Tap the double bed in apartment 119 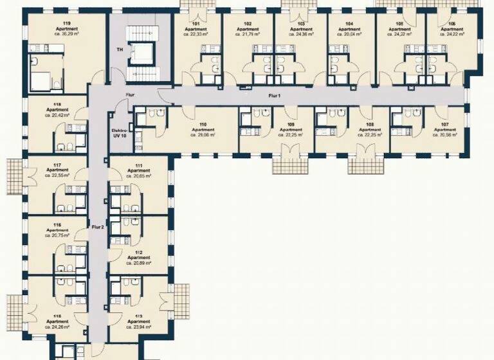(38, 80)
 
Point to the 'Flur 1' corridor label (275, 95)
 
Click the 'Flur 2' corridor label (97, 227)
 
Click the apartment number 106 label (452, 24)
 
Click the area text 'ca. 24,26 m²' (57, 327)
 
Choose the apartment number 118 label (57, 104)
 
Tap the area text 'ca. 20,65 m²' (138, 175)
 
